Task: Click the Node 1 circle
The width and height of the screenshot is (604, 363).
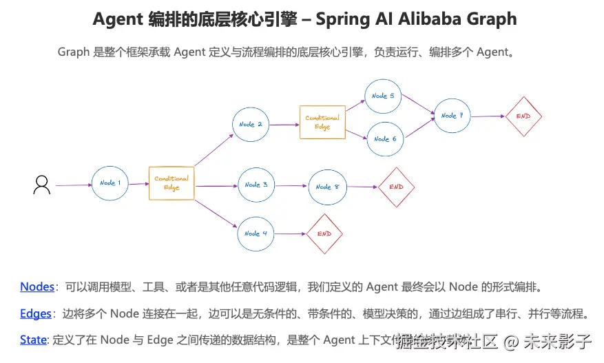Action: tap(111, 183)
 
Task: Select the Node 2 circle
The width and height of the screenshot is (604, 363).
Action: tap(251, 125)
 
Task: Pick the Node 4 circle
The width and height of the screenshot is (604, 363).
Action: tap(256, 234)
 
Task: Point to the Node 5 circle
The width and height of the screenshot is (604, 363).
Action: tap(384, 96)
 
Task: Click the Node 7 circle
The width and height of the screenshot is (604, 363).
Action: tap(452, 116)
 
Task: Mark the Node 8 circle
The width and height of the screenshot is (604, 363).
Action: tap(328, 187)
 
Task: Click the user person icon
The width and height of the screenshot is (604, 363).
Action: tap(42, 185)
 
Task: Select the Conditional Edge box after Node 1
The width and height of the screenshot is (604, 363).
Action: tap(171, 183)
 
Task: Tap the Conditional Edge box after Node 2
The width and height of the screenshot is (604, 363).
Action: tap(322, 122)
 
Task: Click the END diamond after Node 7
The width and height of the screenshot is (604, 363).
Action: tap(523, 116)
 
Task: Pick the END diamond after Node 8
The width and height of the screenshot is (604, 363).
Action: tap(396, 187)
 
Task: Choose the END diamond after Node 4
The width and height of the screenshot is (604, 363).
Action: tap(324, 234)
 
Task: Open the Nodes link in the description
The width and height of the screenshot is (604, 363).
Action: tap(37, 287)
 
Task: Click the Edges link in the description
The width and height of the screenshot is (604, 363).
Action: tap(36, 313)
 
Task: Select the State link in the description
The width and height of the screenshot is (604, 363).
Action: tap(34, 340)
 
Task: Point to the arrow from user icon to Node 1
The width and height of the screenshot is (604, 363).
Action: tap(73, 185)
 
